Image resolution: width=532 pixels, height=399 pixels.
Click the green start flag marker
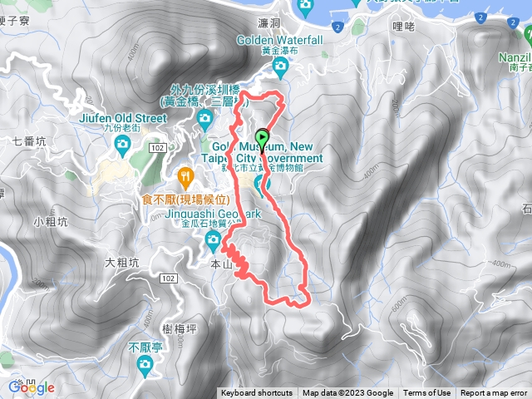[264, 138]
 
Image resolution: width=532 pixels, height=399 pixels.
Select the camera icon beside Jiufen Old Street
[122, 145]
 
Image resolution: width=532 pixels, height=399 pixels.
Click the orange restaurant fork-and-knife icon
[185, 176]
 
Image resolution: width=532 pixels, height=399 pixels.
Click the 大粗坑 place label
[123, 264]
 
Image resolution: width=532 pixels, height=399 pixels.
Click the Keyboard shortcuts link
[257, 393]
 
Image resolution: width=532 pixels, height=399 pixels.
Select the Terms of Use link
[427, 393]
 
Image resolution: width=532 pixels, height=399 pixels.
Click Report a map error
[495, 393]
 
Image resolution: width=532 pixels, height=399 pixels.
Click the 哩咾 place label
[402, 27]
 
